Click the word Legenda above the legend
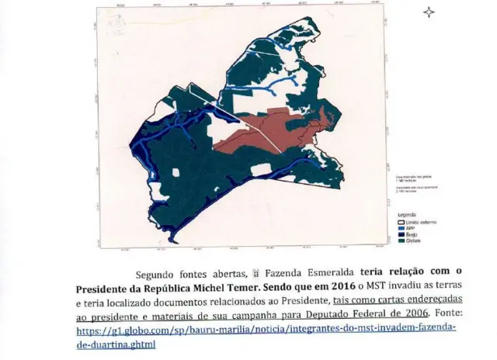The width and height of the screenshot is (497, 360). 407,214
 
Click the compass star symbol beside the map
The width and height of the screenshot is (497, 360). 429,12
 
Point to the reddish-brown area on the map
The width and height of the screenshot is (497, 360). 264,130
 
